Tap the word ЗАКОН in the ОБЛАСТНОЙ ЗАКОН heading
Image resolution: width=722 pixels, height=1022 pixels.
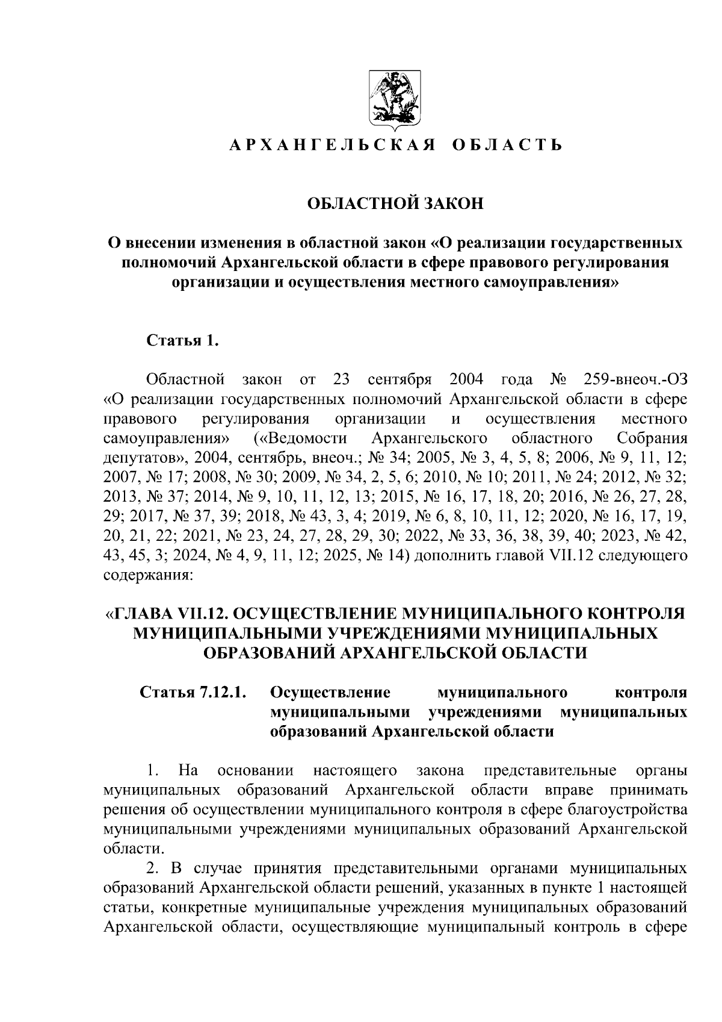pyautogui.click(x=454, y=204)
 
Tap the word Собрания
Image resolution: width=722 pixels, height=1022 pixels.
pyautogui.click(x=652, y=438)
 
